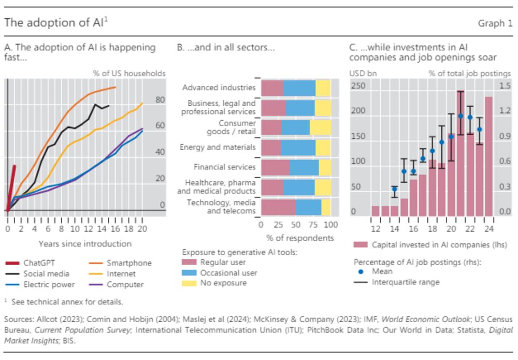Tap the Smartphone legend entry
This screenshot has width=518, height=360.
[129, 263]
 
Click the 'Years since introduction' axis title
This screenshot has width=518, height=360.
[85, 243]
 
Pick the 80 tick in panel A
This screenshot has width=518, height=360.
[160, 99]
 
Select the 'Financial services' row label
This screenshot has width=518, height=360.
[224, 167]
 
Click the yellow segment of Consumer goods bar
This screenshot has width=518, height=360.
[321, 128]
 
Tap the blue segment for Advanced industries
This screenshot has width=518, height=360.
[299, 88]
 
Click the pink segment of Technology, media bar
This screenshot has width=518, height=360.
[278, 207]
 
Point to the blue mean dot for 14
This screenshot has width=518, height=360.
[395, 189]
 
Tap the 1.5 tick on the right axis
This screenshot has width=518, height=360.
[505, 85]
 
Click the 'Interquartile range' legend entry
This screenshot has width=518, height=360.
[406, 282]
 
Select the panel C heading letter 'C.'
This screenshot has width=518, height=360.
[354, 48]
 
